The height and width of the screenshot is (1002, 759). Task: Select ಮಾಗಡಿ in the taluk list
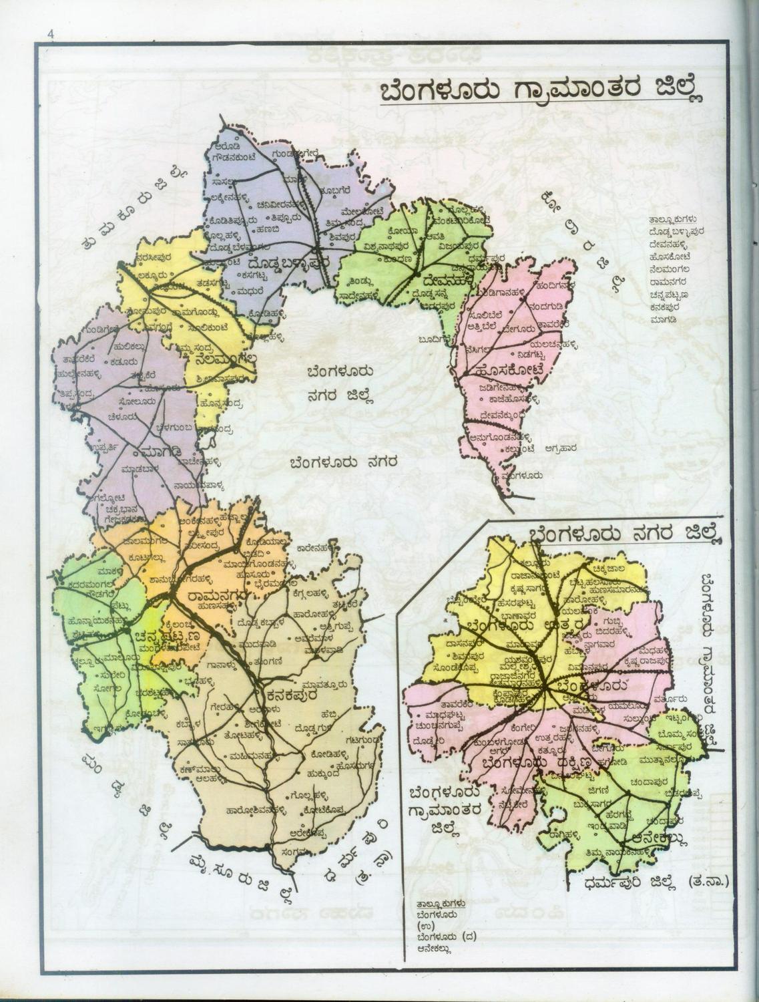pyautogui.click(x=664, y=321)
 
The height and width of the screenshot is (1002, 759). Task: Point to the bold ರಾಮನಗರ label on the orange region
pyautogui.click(x=218, y=594)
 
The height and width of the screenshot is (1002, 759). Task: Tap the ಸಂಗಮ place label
pyautogui.click(x=295, y=851)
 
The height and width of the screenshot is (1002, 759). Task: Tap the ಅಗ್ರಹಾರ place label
pyautogui.click(x=560, y=448)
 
